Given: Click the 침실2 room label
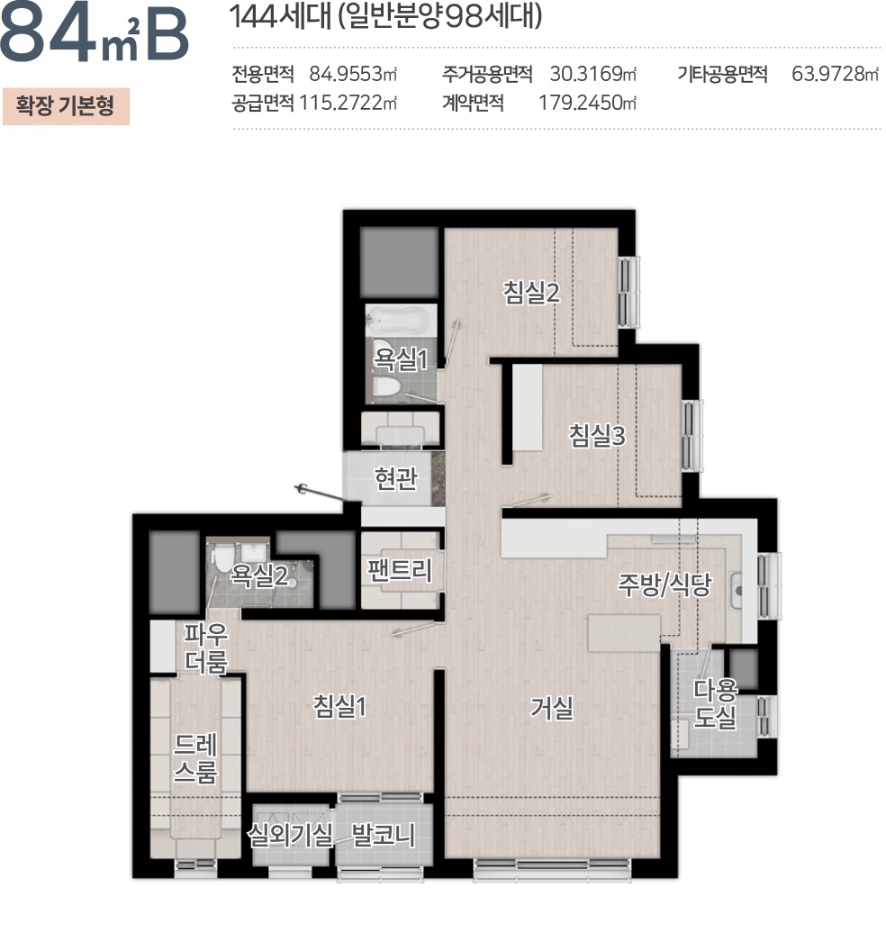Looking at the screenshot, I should pos(532,293).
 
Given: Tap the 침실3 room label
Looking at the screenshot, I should pos(596,436).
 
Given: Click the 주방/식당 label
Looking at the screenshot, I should pos(664,585).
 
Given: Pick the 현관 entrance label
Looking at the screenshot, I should pos(395,478).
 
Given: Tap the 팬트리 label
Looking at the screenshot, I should pos(400,570).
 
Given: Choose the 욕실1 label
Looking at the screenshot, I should pos(400,361).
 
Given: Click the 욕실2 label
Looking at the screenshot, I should pos(259,575).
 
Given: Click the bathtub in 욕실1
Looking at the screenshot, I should pos(401,320).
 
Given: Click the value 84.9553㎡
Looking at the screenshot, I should pos(353,74).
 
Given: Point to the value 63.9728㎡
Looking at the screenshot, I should pos(834,74).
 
